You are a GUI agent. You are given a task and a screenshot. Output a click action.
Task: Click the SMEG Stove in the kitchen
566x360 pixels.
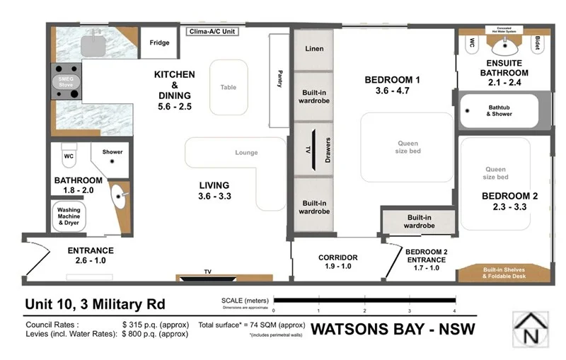click(x=66, y=82)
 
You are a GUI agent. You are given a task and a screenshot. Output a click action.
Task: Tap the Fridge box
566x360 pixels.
click(x=159, y=43)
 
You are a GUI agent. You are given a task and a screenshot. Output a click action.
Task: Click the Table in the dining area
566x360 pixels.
click(x=229, y=87)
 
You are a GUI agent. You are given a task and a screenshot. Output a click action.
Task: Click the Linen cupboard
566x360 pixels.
click(x=313, y=50)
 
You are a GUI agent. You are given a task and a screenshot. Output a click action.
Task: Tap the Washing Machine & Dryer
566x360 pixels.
click(x=69, y=216)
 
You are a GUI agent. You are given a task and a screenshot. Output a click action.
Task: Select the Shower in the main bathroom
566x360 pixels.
click(x=112, y=152)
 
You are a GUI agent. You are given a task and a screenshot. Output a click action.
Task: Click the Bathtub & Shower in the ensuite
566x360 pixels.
click(x=502, y=110)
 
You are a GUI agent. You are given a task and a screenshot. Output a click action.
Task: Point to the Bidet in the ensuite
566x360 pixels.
click(x=538, y=44)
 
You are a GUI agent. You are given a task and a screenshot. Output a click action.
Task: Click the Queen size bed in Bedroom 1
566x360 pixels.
click(x=408, y=147)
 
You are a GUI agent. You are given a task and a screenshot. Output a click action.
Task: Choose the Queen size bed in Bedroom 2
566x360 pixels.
click(x=495, y=173)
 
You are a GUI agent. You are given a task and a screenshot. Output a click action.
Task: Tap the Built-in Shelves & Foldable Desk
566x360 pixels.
click(x=504, y=273)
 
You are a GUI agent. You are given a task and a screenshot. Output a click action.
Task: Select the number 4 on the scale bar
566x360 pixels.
click(x=454, y=310)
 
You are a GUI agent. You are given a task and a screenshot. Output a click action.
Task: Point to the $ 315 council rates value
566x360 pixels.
click(x=156, y=325)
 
